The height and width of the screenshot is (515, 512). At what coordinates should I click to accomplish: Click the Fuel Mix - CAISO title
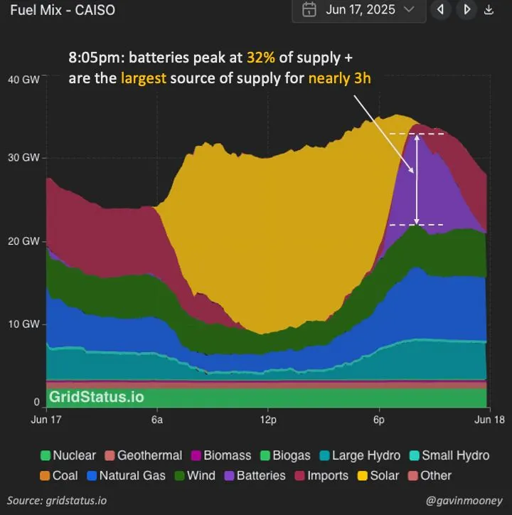pyautogui.click(x=58, y=10)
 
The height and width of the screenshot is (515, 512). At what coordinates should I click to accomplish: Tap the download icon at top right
pyautogui.click(x=489, y=10)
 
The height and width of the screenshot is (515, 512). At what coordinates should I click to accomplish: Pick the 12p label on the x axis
pyautogui.click(x=267, y=420)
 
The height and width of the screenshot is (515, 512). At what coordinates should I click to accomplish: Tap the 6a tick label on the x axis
pyautogui.click(x=157, y=420)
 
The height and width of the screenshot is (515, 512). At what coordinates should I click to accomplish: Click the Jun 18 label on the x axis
pyautogui.click(x=489, y=420)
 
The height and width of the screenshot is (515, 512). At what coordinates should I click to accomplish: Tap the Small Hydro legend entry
pyautogui.click(x=449, y=455)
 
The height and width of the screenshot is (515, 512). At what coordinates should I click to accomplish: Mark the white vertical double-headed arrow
pyautogui.click(x=417, y=179)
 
